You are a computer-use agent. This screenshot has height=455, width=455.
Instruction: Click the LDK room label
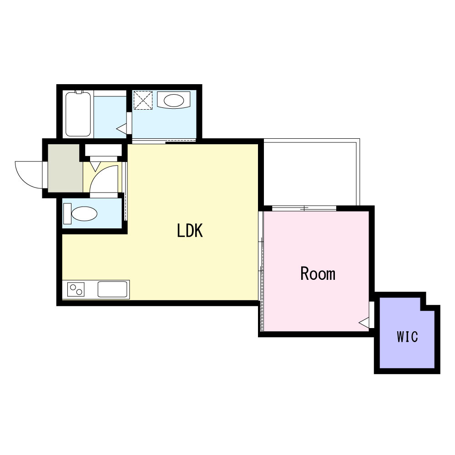pyautogui.click(x=190, y=231)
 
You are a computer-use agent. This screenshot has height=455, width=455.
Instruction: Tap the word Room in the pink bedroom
pyautogui.click(x=318, y=273)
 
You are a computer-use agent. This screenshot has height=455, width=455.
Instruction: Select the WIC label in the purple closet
pyautogui.click(x=407, y=337)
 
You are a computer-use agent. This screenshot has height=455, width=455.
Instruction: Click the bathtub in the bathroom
pyautogui.click(x=78, y=114)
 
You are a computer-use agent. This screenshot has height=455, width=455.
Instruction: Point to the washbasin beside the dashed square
pyautogui.click(x=174, y=100)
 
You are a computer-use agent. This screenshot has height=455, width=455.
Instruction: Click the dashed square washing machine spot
pyautogui.click(x=143, y=100)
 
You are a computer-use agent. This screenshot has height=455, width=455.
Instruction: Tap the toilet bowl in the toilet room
pyautogui.click(x=84, y=213)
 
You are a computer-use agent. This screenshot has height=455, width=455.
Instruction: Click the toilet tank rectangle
pyautogui.click(x=67, y=213)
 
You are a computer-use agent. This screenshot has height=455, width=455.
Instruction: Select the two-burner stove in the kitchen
pyautogui.click(x=76, y=289)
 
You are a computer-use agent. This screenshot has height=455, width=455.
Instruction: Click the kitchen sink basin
pyautogui.click(x=112, y=289)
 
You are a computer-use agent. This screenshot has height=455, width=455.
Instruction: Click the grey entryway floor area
pyautogui.click(x=65, y=168)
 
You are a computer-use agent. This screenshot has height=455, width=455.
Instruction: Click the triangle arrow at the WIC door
pyautogui.click(x=364, y=323)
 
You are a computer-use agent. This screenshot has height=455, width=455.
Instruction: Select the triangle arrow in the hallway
pyautogui.click(x=95, y=166)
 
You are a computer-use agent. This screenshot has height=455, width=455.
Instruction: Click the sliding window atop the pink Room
pyautogui.click(x=304, y=208)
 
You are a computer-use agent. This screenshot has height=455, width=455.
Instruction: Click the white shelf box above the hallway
pyautogui.click(x=103, y=150)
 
